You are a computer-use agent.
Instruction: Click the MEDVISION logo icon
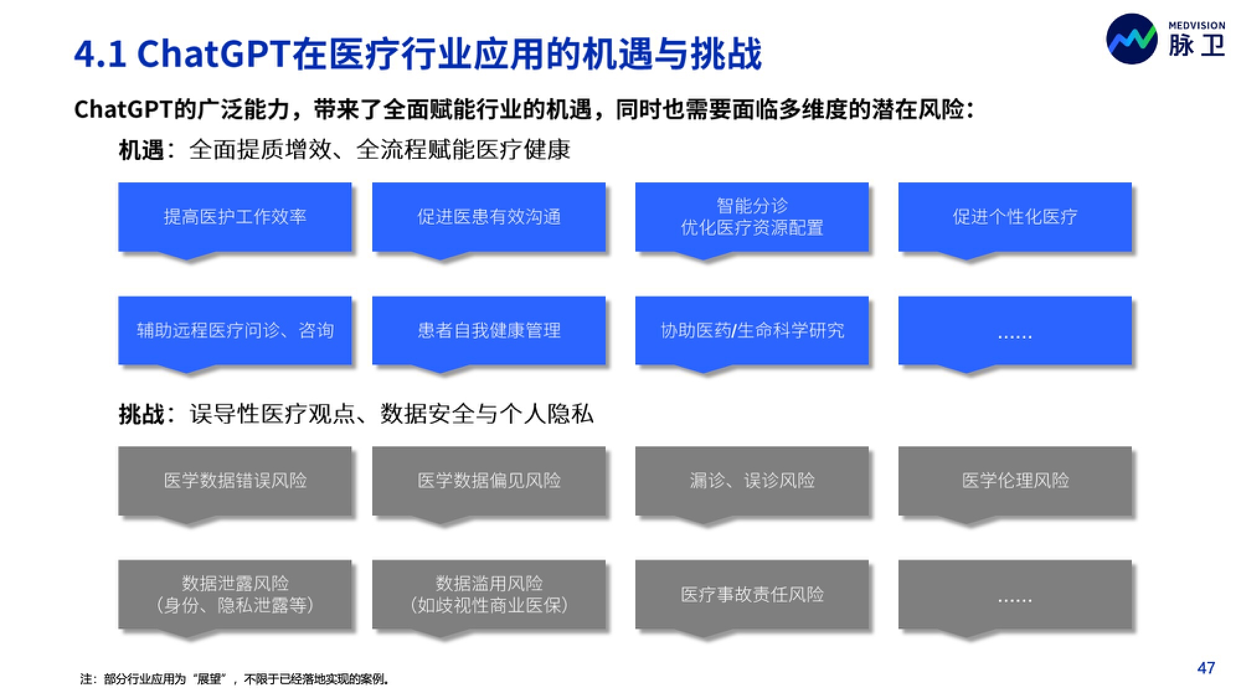click(1131, 38)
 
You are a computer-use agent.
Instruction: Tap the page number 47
click(1206, 668)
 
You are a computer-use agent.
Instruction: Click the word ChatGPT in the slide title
click(213, 53)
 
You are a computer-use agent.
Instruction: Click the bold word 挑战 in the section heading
click(141, 414)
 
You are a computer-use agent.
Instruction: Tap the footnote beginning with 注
click(235, 679)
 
